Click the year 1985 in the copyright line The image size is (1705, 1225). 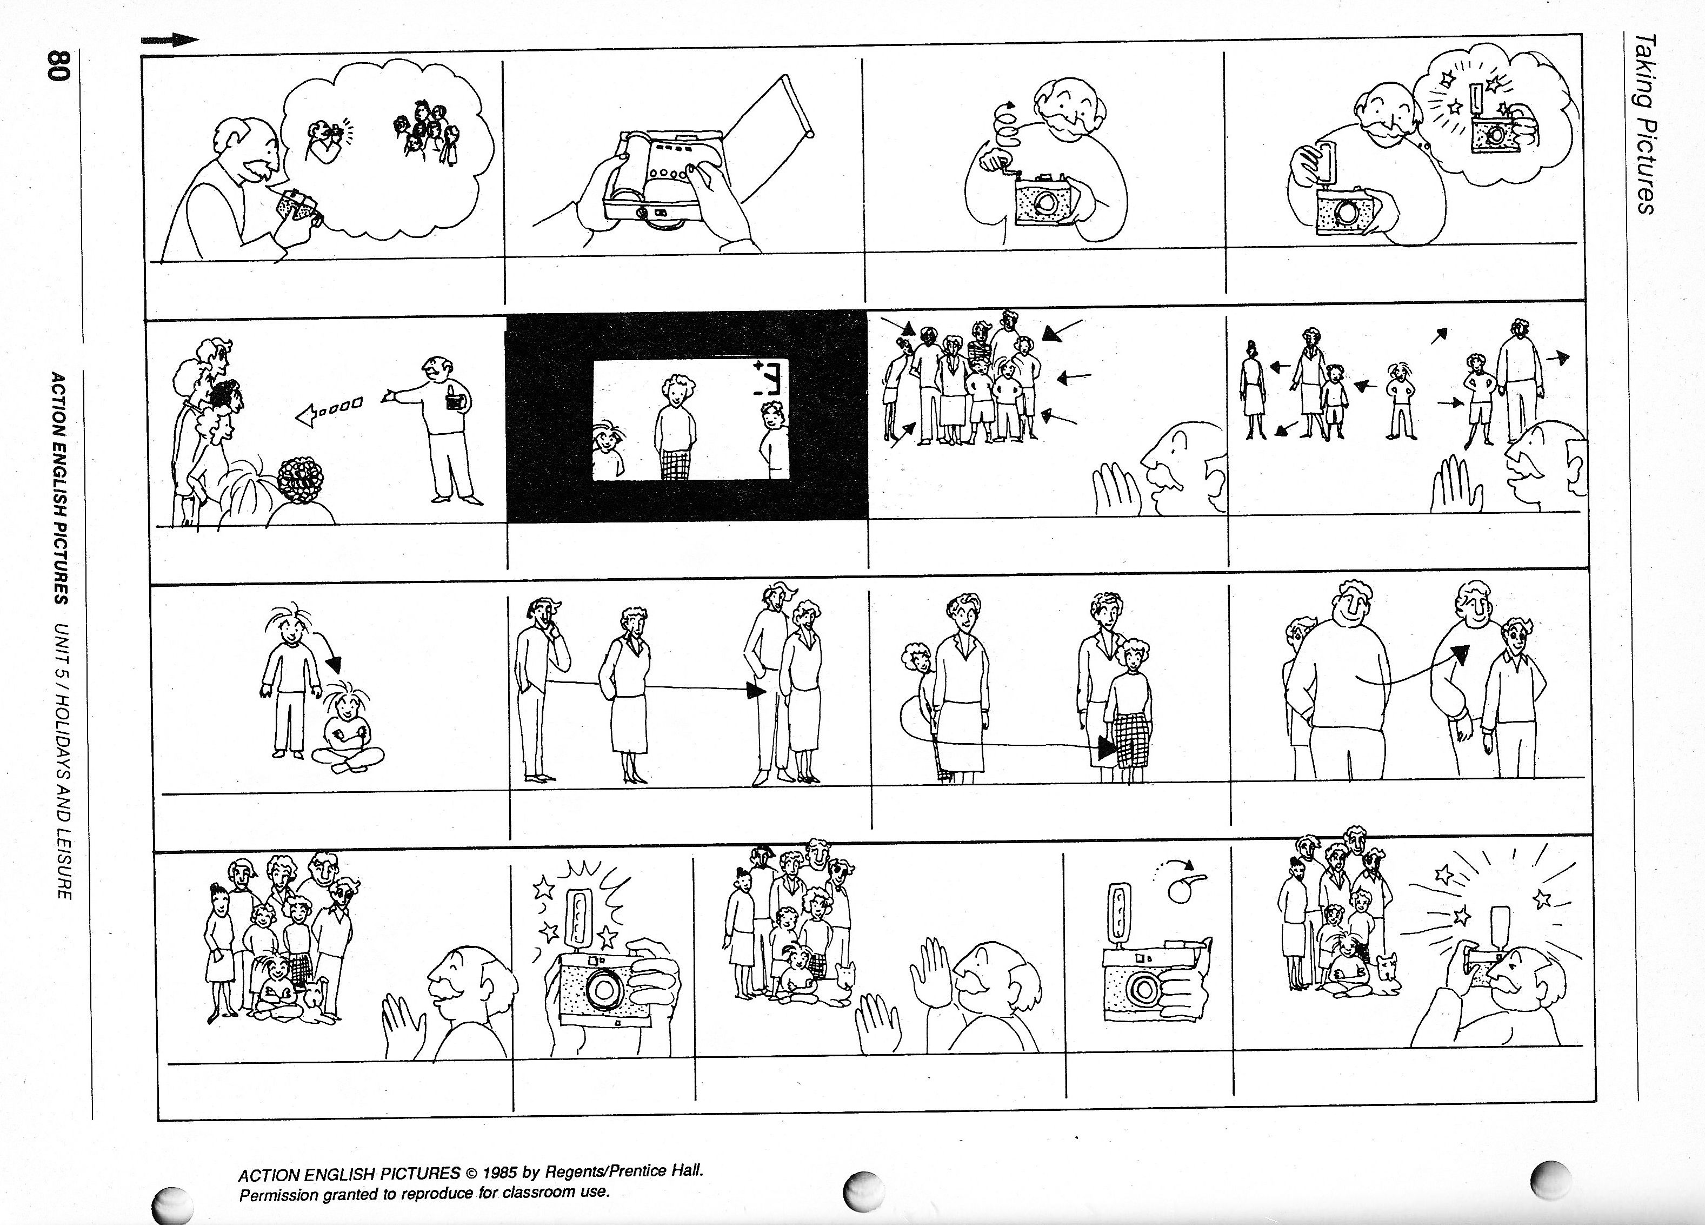(501, 1173)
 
